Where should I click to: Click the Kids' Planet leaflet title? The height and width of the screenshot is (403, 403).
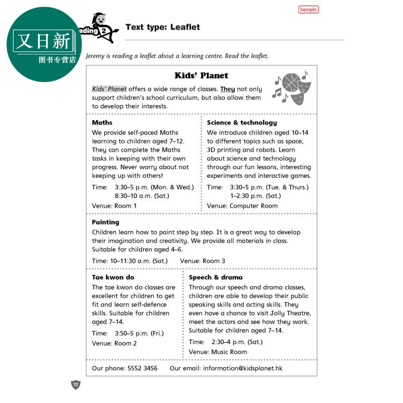point(201,76)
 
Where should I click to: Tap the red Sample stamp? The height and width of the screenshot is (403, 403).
point(308,10)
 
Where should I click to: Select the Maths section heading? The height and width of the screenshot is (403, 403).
point(102,122)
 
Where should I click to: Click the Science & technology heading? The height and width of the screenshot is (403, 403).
point(242,122)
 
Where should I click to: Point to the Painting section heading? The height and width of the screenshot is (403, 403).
point(106,222)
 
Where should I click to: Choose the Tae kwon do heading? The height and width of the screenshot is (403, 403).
point(113,277)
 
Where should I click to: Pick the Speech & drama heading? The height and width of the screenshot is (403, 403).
point(216,277)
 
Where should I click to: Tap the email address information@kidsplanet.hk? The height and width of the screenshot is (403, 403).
point(243,368)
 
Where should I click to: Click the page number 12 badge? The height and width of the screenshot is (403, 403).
point(76,385)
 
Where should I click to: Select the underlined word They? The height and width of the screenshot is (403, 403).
point(228,89)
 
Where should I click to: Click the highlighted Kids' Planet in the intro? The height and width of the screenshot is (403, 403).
point(109,89)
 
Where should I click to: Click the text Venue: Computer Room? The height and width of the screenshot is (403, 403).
point(242,206)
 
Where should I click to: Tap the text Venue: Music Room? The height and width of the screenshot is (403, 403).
point(218,352)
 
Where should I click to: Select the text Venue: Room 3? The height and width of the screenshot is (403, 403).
point(203,261)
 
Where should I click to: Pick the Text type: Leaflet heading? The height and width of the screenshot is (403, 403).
point(163,27)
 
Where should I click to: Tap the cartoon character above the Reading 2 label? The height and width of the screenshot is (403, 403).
point(101,20)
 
